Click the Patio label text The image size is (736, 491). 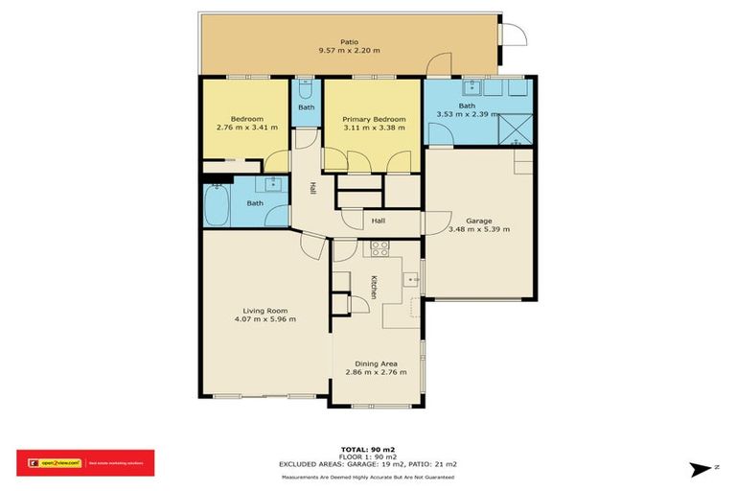[x=349, y=41]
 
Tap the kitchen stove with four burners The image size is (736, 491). [x=379, y=246]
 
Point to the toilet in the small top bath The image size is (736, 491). [x=305, y=91]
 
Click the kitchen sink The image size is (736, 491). [x=413, y=280]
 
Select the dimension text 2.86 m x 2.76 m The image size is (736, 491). [x=375, y=372]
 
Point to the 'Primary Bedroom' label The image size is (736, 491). [x=374, y=119]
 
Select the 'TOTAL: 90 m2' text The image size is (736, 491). [x=367, y=448]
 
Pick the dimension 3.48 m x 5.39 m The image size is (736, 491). [x=479, y=229]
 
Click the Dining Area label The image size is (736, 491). [x=375, y=362]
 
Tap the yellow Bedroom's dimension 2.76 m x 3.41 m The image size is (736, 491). [x=246, y=127]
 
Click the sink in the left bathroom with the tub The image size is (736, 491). [x=273, y=183]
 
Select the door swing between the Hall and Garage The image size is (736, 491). [x=434, y=222]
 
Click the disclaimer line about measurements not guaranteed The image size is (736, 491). [x=367, y=477]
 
